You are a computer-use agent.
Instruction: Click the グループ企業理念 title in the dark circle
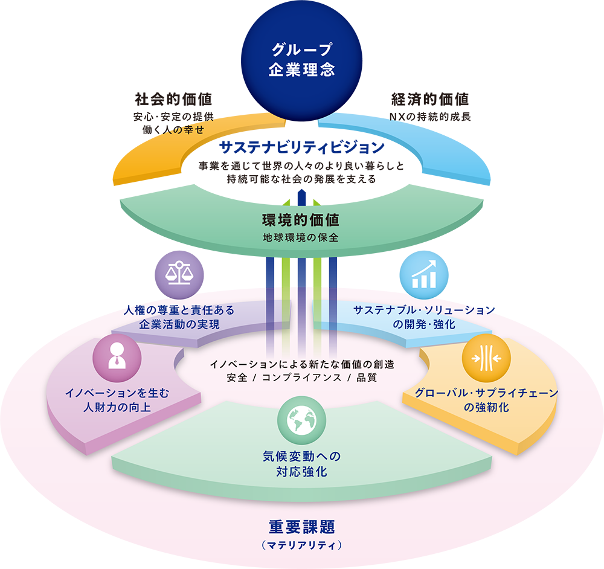(301, 59)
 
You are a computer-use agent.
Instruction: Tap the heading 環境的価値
(300, 220)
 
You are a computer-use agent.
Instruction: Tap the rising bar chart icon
(424, 275)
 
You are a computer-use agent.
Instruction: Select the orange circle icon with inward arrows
(486, 358)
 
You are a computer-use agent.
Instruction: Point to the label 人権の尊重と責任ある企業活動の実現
(179, 317)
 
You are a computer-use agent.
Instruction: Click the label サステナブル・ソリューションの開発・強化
(423, 317)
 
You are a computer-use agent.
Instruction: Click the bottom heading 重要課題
(301, 527)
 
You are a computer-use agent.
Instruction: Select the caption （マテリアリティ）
(301, 545)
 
